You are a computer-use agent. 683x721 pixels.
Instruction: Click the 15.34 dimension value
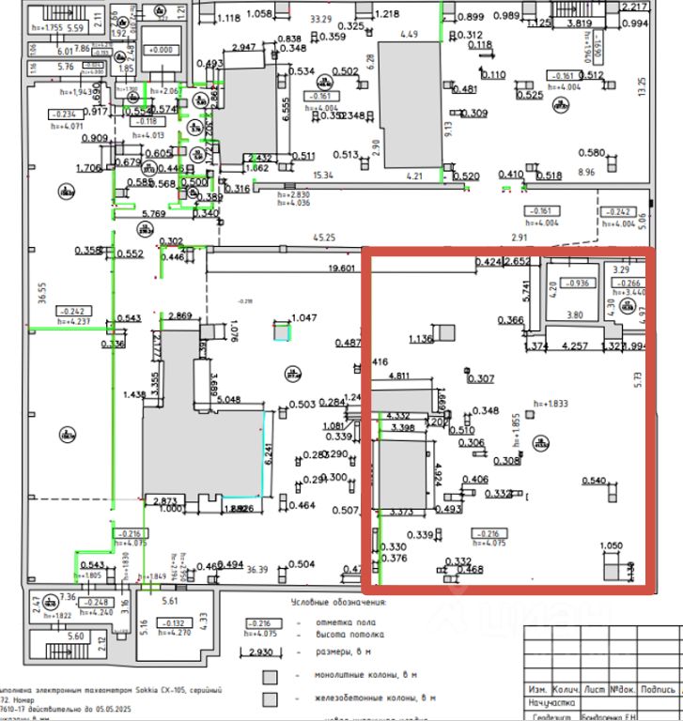coord(324,176)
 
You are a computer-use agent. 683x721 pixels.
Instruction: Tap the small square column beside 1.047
coord(281,330)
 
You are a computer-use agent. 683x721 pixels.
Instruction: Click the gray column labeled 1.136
coord(445,332)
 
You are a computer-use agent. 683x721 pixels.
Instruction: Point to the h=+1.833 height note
coord(551,405)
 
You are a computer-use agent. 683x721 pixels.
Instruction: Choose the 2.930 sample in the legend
coord(260,651)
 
